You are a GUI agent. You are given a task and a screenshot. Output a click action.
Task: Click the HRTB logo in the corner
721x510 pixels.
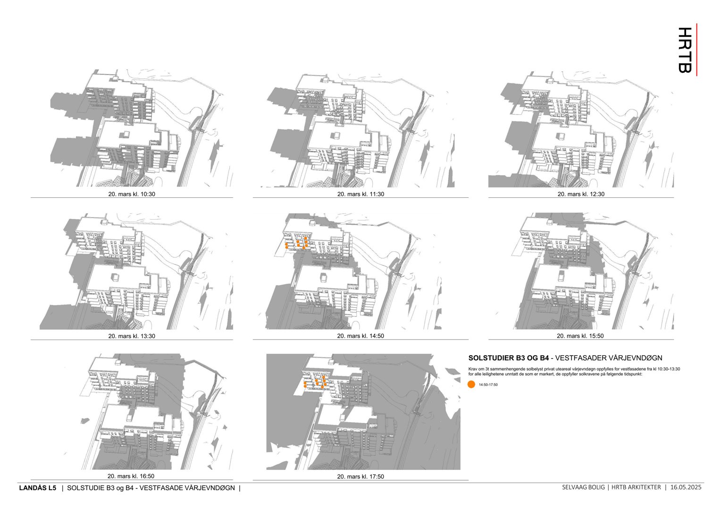686,50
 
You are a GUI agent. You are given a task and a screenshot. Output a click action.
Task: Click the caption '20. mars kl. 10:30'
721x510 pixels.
132,194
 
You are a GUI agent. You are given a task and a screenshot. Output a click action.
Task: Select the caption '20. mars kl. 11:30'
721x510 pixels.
360,194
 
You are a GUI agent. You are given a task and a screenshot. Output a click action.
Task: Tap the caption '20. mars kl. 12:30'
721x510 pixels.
581,194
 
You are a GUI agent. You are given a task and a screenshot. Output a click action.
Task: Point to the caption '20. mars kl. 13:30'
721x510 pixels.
132,336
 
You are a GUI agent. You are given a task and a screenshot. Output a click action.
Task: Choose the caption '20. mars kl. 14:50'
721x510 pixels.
360,336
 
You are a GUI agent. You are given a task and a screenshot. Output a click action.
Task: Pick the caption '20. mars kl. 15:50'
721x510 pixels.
580,336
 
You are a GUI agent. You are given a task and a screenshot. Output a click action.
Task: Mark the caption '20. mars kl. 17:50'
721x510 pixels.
360,477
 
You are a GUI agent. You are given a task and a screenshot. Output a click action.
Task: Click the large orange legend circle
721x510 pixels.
471,384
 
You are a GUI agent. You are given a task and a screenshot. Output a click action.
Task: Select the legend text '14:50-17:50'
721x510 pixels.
488,385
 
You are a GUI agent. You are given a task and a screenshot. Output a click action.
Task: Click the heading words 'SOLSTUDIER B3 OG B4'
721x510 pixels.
508,358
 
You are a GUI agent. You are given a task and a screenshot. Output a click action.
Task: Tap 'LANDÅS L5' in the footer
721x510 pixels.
37,488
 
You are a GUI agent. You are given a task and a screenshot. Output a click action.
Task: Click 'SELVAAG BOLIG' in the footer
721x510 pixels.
583,487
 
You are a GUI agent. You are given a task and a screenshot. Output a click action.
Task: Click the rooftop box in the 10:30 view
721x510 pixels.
126,134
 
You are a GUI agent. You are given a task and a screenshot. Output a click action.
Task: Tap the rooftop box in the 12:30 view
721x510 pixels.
562,136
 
